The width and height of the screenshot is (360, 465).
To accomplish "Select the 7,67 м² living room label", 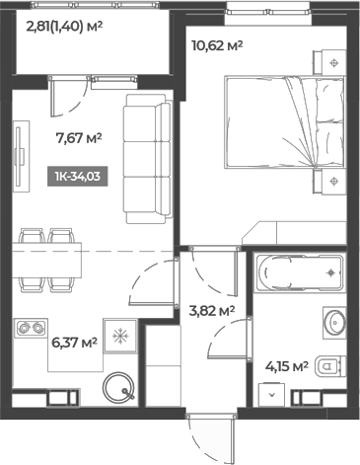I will [x=80, y=139].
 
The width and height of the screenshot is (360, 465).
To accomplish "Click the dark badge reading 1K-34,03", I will [x=76, y=178].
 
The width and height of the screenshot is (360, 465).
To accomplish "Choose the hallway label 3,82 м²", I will [x=210, y=310].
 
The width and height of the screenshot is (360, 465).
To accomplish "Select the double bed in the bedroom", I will [x=276, y=125].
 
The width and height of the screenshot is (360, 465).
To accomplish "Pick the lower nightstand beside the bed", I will [x=334, y=180].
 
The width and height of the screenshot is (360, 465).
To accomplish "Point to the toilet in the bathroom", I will [x=337, y=367].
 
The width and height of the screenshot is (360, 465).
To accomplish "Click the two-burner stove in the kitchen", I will [x=32, y=329].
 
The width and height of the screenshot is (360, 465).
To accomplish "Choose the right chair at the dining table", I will [x=62, y=238].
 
